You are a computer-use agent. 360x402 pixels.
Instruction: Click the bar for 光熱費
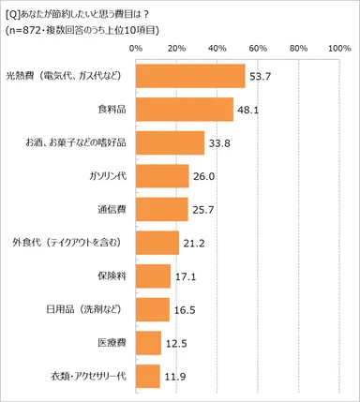[190, 76]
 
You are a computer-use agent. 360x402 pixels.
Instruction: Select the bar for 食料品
[185, 110]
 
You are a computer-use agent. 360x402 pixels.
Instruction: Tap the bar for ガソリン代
[162, 176]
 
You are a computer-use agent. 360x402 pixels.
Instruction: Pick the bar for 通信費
[162, 209]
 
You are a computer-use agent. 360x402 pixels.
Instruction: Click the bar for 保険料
[153, 276]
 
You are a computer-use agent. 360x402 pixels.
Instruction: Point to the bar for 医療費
[148, 343]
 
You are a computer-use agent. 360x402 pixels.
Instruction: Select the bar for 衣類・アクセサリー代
[148, 377]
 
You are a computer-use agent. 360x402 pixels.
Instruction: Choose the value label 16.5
[183, 310]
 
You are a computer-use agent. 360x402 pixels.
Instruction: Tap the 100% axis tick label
[337, 46]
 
